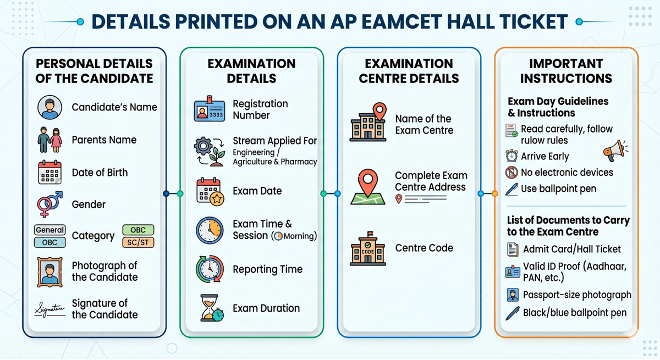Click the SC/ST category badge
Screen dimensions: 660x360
pyautogui.click(x=138, y=242)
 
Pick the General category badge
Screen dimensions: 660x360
pyautogui.click(x=50, y=230)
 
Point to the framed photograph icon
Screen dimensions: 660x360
pyautogui.click(x=50, y=271)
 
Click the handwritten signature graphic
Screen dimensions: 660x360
pyautogui.click(x=50, y=309)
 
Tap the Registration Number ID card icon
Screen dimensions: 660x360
pyautogui.click(x=210, y=109)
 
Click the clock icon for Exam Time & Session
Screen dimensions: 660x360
pyautogui.click(x=210, y=230)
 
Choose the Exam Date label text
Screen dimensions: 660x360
pyautogui.click(x=257, y=191)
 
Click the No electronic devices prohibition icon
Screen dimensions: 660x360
pyautogui.click(x=512, y=173)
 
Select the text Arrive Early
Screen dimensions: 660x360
pyautogui.click(x=545, y=157)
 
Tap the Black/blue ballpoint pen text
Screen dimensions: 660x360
pyautogui.click(x=575, y=313)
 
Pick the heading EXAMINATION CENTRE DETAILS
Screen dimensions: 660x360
pyautogui.click(x=409, y=71)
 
